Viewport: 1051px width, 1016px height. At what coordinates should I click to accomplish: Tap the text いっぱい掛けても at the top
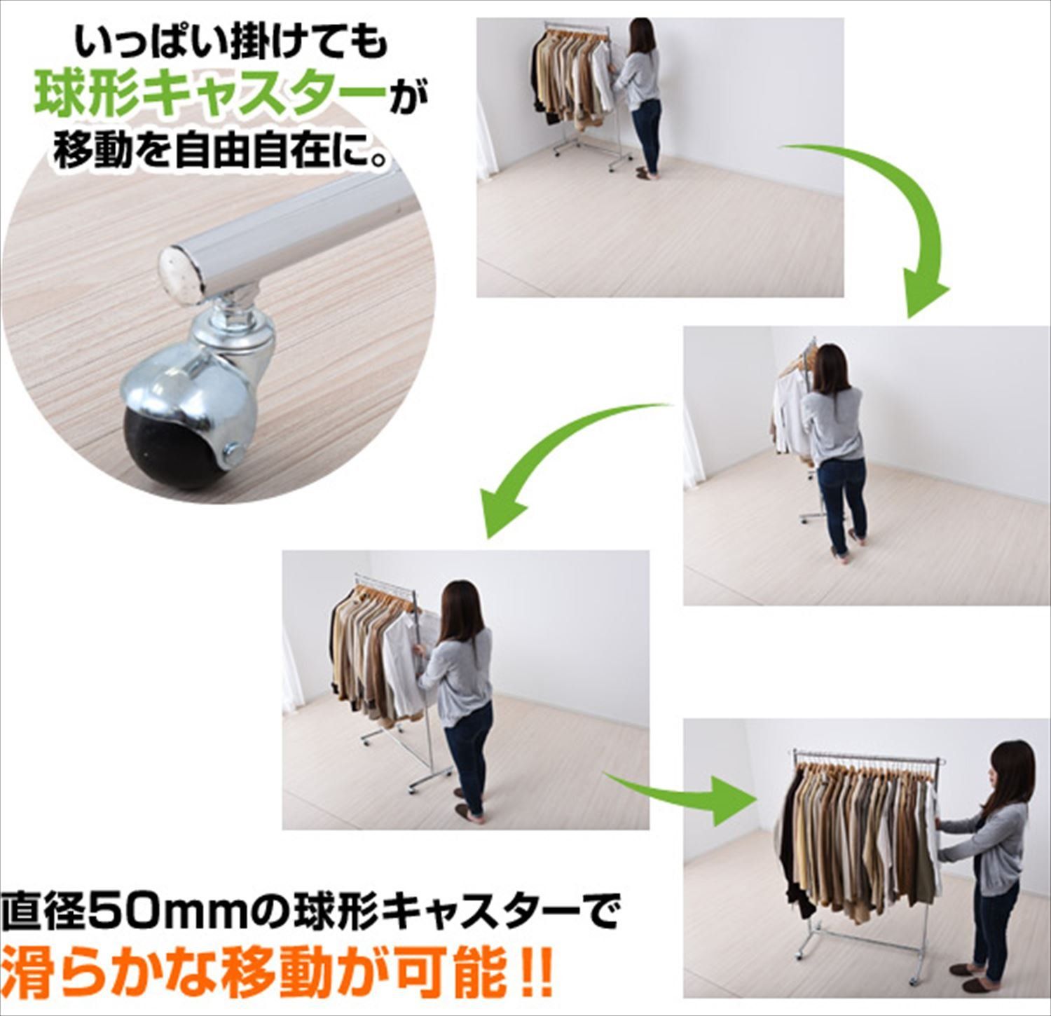pos(231,43)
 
